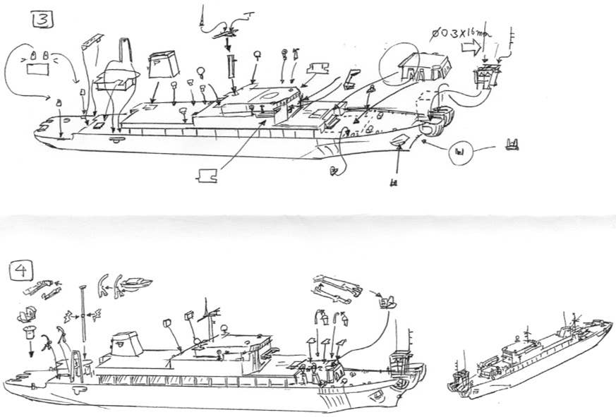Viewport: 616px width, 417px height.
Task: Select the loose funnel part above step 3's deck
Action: point(163,66)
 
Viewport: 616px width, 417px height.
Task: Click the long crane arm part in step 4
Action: point(334,286)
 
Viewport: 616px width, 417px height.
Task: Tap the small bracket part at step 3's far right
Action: point(512,146)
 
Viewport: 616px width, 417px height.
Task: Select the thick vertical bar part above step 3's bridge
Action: point(229,72)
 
